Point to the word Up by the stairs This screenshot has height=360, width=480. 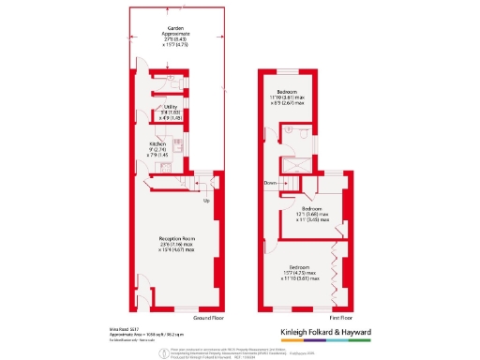pos(206,200)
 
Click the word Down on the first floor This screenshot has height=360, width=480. pos(270,183)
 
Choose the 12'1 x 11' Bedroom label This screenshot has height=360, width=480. pos(313,214)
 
